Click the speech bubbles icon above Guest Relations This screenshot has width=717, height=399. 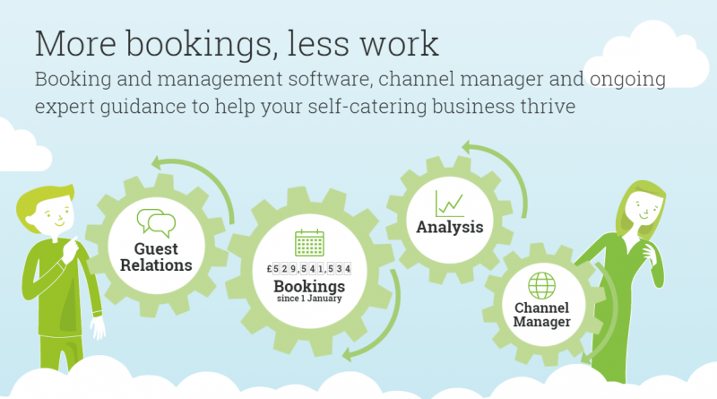[156, 223]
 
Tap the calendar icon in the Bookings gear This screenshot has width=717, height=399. [309, 242]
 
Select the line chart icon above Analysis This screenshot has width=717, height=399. [450, 204]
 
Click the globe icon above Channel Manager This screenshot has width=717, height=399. [542, 285]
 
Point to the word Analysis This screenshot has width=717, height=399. [450, 227]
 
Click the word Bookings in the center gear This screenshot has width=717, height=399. [309, 286]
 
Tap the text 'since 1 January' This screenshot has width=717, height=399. [309, 299]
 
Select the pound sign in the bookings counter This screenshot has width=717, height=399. [270, 269]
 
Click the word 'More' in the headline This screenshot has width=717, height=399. [75, 44]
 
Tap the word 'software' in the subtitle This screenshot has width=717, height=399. [329, 79]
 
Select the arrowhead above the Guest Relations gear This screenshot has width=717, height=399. [159, 162]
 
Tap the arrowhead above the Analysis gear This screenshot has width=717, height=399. [468, 147]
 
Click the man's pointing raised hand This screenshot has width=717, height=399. [70, 249]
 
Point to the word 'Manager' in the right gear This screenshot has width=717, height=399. [542, 322]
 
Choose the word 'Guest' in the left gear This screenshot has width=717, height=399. [156, 249]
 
